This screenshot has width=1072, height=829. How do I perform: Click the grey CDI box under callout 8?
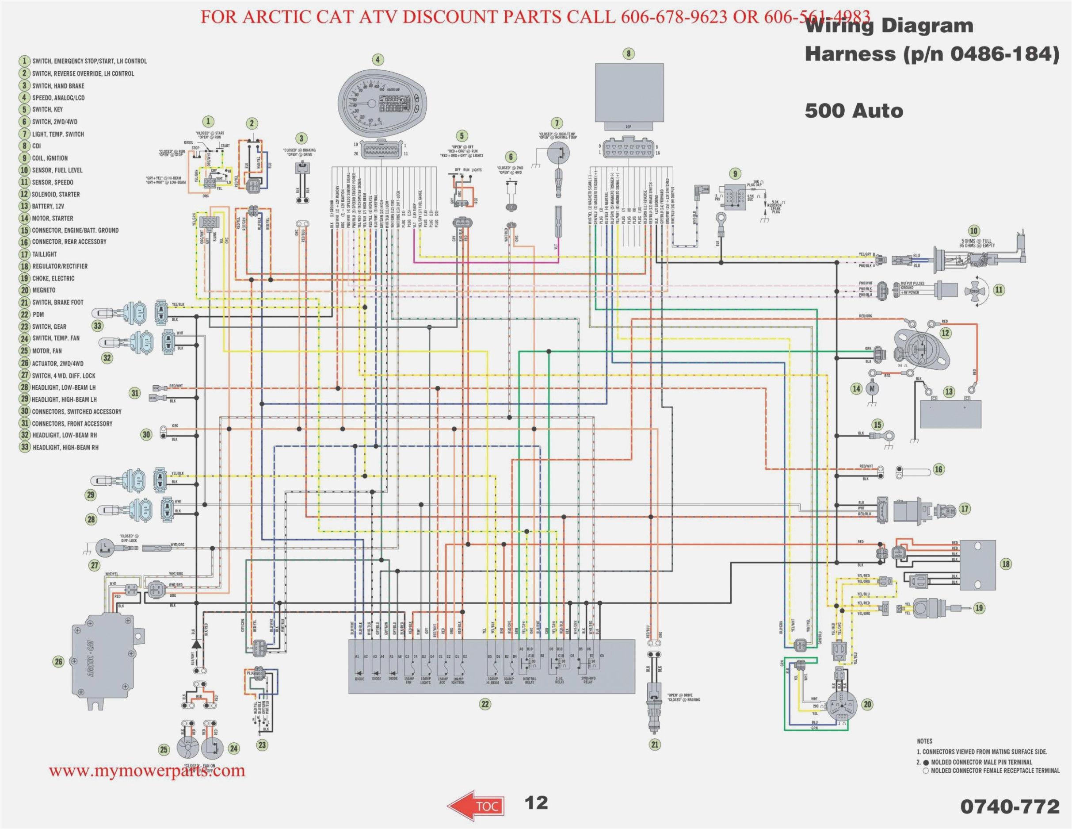tap(629, 92)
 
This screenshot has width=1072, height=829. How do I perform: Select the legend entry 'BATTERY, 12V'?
tap(48, 206)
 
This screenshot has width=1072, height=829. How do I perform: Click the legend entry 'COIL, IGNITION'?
tap(50, 158)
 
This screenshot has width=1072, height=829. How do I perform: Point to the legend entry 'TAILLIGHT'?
tap(44, 254)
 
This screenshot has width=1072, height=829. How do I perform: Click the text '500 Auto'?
tap(854, 111)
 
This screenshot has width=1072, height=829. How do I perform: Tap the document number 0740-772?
tap(1010, 806)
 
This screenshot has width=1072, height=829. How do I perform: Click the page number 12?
tap(536, 803)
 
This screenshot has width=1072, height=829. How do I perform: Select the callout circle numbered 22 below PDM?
tap(485, 704)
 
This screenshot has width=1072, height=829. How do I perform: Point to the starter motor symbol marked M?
tap(872, 389)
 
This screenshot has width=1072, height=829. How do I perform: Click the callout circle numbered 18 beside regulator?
tap(1006, 564)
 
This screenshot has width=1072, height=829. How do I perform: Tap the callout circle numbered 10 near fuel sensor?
tap(974, 231)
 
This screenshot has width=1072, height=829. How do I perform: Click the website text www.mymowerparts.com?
tap(147, 771)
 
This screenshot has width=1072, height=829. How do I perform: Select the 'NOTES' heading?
tap(925, 741)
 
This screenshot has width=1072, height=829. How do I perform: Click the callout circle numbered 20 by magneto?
tap(867, 704)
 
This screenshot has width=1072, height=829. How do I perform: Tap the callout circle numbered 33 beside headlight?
tap(97, 326)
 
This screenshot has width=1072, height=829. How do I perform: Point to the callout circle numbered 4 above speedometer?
tap(378, 60)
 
